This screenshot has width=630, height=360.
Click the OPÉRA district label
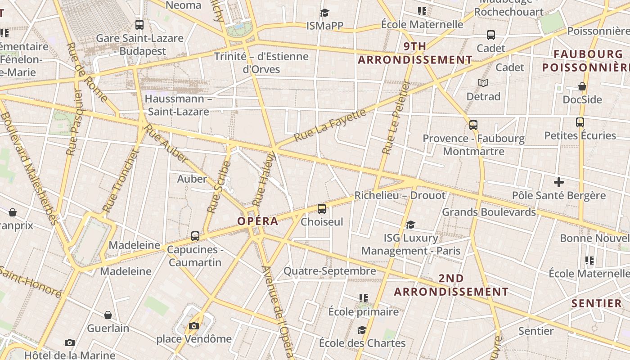(257, 221)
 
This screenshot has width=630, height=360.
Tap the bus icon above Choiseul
(321, 208)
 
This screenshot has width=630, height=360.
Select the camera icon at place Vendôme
(194, 326)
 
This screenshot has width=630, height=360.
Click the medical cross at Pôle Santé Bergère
(558, 182)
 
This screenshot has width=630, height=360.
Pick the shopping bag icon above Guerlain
(108, 315)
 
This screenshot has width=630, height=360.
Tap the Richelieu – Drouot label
(400, 195)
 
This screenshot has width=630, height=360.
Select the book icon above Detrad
(483, 83)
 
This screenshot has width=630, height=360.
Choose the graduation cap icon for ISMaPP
(324, 13)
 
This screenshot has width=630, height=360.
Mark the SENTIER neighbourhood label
(596, 303)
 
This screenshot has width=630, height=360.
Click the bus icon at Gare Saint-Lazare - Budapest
(139, 25)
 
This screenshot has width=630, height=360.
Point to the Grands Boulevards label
(489, 212)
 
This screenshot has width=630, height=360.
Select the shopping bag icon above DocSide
(582, 86)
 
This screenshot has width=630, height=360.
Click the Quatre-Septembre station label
(329, 271)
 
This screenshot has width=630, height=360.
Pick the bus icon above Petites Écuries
(580, 122)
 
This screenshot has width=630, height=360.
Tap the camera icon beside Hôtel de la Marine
(69, 343)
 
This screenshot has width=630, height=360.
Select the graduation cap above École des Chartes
(362, 330)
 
